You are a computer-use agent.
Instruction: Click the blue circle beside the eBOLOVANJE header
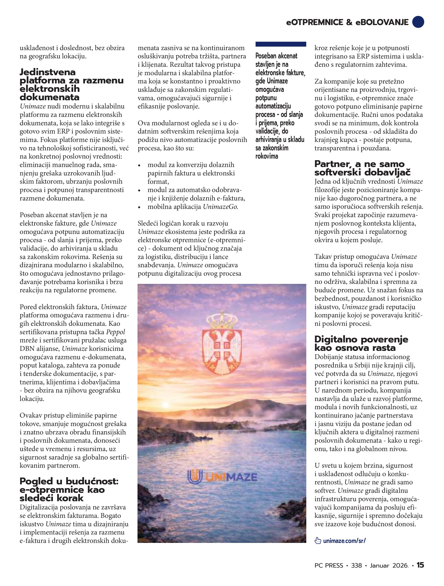click(418, 22)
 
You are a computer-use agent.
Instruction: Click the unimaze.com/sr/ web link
click(344, 541)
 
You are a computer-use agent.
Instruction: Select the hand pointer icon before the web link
click(317, 541)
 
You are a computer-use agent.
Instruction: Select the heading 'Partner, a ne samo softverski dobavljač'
click(362, 168)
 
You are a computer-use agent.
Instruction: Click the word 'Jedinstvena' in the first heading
click(48, 72)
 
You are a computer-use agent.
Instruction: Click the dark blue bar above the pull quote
click(281, 44)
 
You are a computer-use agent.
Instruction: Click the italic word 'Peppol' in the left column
click(115, 332)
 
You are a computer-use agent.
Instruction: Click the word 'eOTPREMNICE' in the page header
click(315, 22)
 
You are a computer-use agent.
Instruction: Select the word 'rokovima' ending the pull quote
click(267, 156)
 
